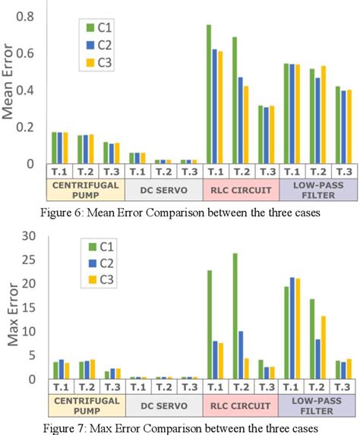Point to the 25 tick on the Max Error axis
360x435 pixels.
[x=27, y=260]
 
